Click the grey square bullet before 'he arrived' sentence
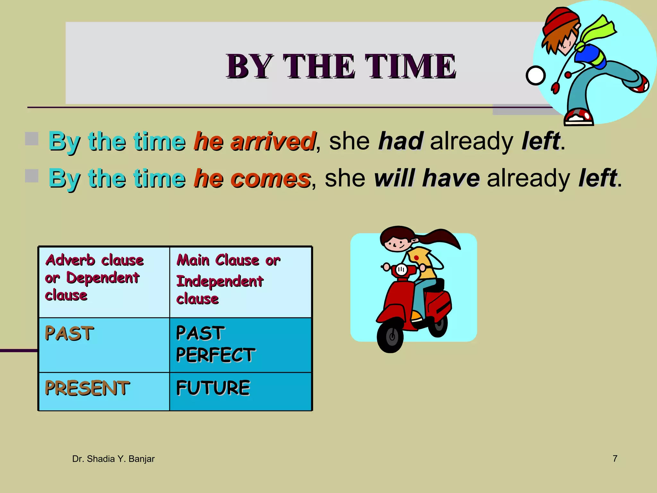[x=32, y=139]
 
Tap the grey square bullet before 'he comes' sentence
[x=32, y=176]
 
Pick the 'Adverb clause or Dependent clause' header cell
[x=104, y=282]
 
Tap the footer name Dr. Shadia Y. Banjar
[x=113, y=459]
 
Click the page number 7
[x=615, y=458]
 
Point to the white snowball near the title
[x=535, y=76]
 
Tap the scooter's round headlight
[x=401, y=270]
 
